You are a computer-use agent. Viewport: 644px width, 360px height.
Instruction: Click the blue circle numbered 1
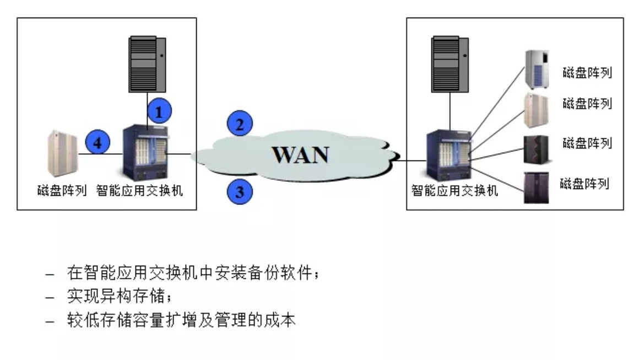(159, 112)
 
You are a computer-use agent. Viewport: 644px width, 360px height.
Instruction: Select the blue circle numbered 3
(239, 192)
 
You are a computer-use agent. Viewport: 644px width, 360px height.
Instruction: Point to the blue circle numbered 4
(98, 144)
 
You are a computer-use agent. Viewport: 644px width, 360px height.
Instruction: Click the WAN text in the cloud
(301, 155)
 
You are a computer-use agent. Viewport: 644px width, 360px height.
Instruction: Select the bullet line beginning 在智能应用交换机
(193, 273)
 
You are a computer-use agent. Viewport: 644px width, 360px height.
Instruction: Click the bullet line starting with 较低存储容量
(182, 320)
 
